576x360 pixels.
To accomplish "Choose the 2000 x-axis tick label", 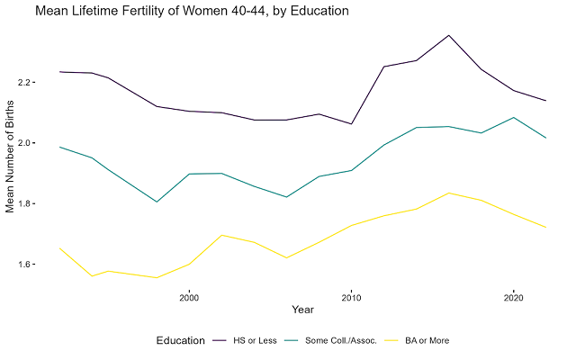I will (189, 297).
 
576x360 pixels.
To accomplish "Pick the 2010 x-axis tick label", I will (351, 297).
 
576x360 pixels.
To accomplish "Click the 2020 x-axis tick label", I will (513, 297).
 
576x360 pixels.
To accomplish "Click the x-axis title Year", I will (303, 310).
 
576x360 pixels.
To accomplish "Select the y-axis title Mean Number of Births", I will (12, 158).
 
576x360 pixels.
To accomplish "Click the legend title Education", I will (180, 340).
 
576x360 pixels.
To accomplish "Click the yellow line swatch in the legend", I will (391, 340).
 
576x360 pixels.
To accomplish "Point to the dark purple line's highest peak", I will (448, 35).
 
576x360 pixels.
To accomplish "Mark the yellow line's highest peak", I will (448, 193).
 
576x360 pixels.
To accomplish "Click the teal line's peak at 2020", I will (513, 117).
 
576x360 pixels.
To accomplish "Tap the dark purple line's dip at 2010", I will (351, 124).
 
